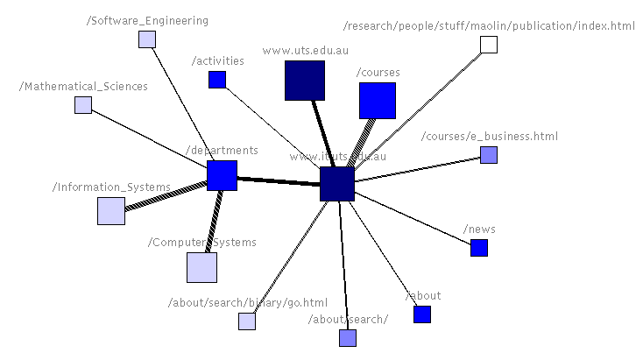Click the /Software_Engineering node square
tap(147, 39)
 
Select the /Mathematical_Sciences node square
tap(82, 105)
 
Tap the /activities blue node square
tap(217, 80)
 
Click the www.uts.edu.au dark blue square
tap(305, 81)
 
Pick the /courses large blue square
tap(378, 101)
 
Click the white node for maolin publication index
tap(489, 45)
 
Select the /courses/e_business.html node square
tap(489, 155)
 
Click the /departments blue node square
tap(223, 175)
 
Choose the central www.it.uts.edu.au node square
tap(337, 184)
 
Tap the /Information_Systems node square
tap(111, 211)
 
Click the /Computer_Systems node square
tap(201, 267)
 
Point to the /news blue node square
tap(479, 248)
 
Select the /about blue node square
tap(422, 314)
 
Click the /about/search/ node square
tap(348, 338)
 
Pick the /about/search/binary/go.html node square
tap(247, 321)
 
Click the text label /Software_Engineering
tap(147, 20)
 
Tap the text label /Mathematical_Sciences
tap(82, 87)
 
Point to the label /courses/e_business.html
tap(489, 137)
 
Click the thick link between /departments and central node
tap(279, 180)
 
